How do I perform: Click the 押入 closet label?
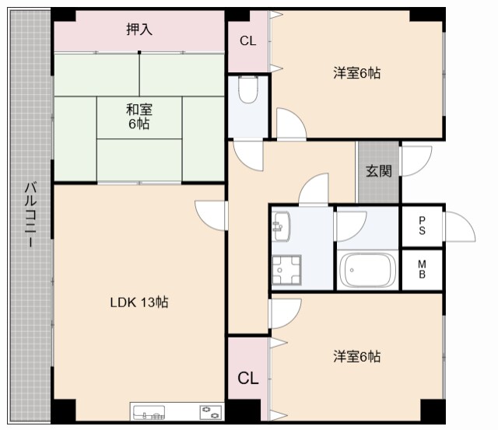point(139,30)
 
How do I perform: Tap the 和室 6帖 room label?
point(139,117)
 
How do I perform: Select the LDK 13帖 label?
point(139,302)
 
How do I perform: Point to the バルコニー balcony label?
point(30,215)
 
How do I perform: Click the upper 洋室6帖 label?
point(357,73)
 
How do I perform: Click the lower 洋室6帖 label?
point(357,357)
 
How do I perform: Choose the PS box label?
point(422,225)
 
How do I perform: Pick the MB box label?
point(422,269)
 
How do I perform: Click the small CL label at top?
point(247,41)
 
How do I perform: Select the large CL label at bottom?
point(247,379)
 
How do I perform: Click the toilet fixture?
point(248,91)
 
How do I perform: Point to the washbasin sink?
point(282,227)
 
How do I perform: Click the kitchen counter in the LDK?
point(177,411)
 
